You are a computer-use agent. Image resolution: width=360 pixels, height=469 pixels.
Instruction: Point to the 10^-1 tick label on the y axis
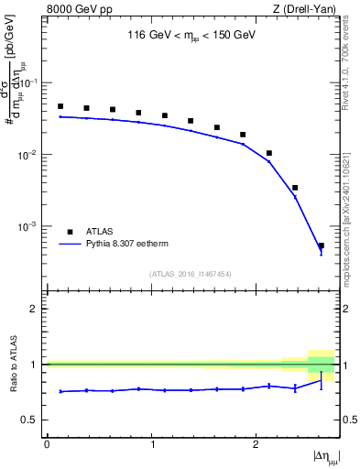tap(29, 82)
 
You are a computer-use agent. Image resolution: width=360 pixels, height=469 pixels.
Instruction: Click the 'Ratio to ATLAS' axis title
tap(13, 365)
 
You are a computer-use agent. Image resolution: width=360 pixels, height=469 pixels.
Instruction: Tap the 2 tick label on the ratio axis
tap(35, 309)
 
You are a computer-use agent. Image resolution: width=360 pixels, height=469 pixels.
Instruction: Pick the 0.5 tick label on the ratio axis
tap(30, 420)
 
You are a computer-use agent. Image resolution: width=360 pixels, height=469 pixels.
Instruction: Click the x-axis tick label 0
tap(47, 444)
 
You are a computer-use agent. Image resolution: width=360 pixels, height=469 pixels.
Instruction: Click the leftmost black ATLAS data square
tap(60, 106)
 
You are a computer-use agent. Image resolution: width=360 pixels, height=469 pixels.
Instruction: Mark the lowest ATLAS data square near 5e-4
tap(321, 245)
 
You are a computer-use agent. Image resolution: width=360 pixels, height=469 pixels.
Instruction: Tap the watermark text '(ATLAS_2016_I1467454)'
tap(191, 274)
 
